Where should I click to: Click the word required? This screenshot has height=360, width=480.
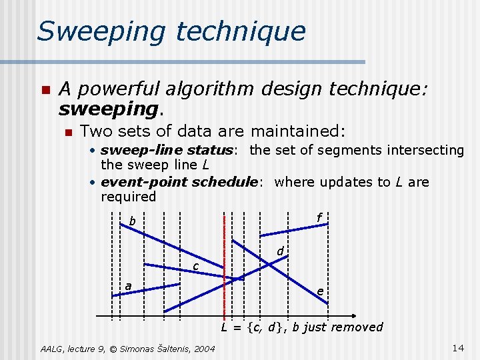pyautogui.click(x=128, y=197)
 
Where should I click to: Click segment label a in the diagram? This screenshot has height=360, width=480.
pyautogui.click(x=128, y=286)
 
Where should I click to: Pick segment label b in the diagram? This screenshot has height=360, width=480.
pyautogui.click(x=132, y=221)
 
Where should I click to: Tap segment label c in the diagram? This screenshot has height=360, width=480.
pyautogui.click(x=195, y=267)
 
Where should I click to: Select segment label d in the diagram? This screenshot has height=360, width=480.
pyautogui.click(x=281, y=251)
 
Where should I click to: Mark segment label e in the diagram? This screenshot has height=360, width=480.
pyautogui.click(x=321, y=291)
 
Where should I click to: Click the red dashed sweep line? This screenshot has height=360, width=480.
pyautogui.click(x=225, y=267)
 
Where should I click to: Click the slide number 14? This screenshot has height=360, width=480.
pyautogui.click(x=457, y=347)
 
